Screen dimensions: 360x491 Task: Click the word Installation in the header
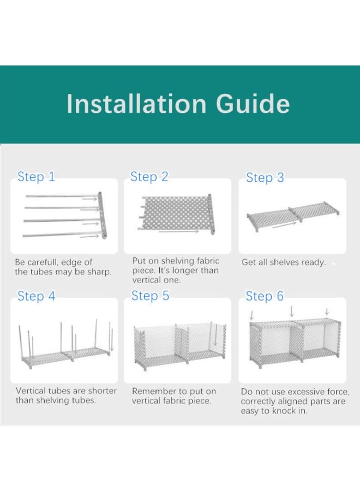[x=136, y=104]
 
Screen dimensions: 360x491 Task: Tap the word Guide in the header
[x=253, y=104]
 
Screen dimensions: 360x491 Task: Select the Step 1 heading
[x=36, y=177]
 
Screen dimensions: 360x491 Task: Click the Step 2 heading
[x=149, y=177]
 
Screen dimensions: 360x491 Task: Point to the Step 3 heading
[x=265, y=178]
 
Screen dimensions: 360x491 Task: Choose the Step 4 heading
[x=37, y=296]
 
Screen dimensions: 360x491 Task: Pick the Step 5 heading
[x=150, y=296]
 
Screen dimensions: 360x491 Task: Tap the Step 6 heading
[x=265, y=296]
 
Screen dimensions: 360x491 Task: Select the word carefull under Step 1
[x=42, y=262]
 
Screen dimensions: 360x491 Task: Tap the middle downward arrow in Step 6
[x=292, y=312]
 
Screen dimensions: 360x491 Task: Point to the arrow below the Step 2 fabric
[x=179, y=231]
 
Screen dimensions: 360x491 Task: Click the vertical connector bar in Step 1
[x=103, y=214]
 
